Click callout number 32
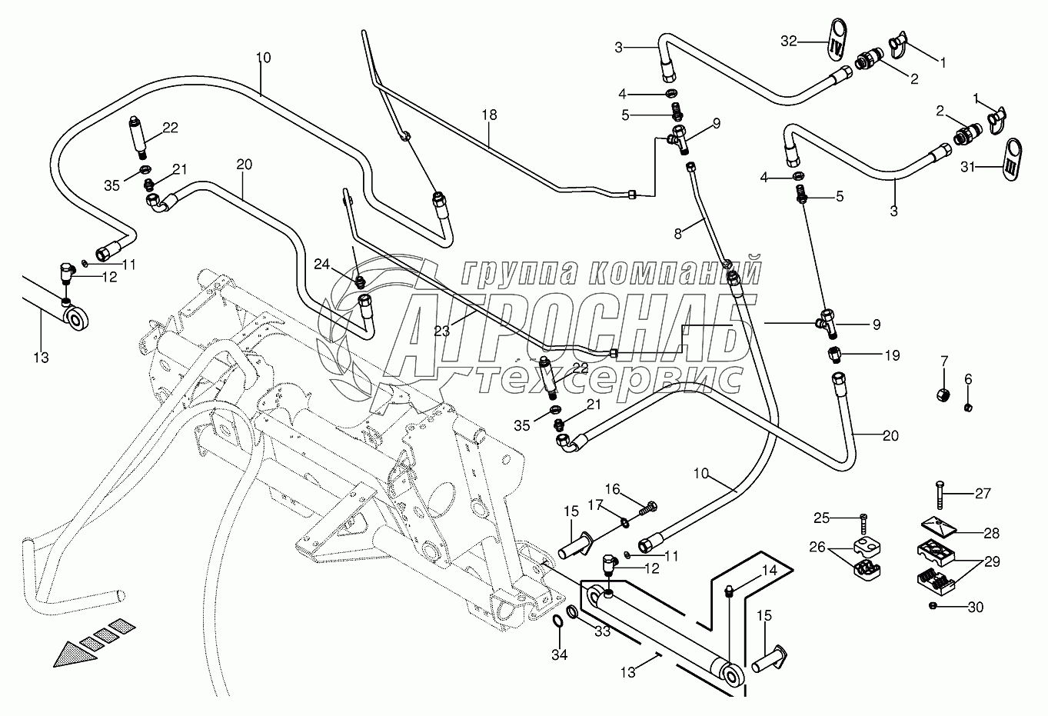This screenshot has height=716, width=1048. click(x=789, y=42)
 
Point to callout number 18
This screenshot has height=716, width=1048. click(x=489, y=115)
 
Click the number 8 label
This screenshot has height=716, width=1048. click(x=678, y=234)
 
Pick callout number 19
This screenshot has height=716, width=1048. click(x=893, y=355)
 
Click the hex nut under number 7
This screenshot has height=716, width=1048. click(x=943, y=395)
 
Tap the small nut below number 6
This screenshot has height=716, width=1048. click(x=969, y=407)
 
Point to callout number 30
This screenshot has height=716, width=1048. click(x=976, y=607)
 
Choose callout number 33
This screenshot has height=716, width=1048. click(x=603, y=631)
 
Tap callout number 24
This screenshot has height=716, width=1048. click(x=321, y=265)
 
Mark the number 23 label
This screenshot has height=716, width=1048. click(x=441, y=331)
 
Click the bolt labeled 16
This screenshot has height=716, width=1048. click(x=648, y=507)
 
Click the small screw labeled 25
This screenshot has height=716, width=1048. click(x=863, y=523)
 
